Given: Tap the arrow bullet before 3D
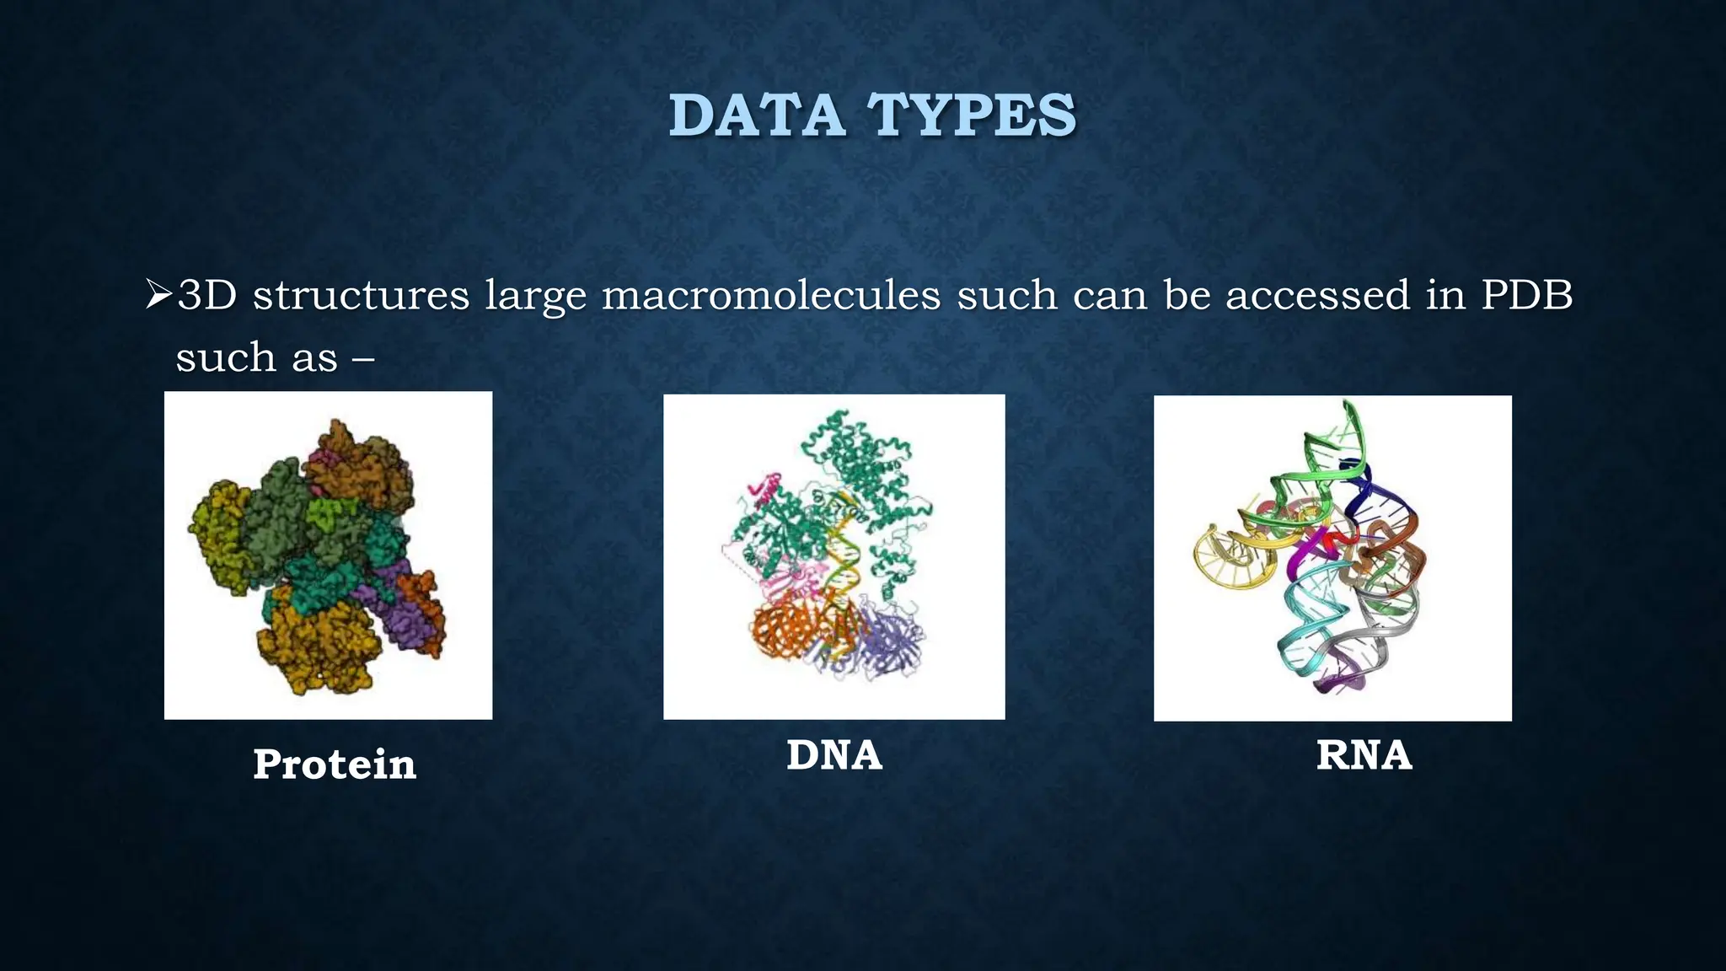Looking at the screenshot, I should pyautogui.click(x=158, y=295).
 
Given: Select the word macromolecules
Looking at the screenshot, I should pyautogui.click(x=770, y=295).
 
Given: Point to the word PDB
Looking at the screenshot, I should pyautogui.click(x=1526, y=295).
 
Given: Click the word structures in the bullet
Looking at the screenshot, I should pyautogui.click(x=361, y=295).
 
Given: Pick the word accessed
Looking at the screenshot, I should pyautogui.click(x=1316, y=295).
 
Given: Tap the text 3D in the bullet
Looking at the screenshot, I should pyautogui.click(x=207, y=295).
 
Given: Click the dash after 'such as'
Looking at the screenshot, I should pyautogui.click(x=363, y=358).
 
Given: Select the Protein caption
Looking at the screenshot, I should pyautogui.click(x=335, y=764).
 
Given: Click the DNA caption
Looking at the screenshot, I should pyautogui.click(x=834, y=754).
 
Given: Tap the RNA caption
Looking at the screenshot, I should pyautogui.click(x=1364, y=754).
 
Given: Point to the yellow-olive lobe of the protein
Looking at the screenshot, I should pyautogui.click(x=215, y=539).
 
